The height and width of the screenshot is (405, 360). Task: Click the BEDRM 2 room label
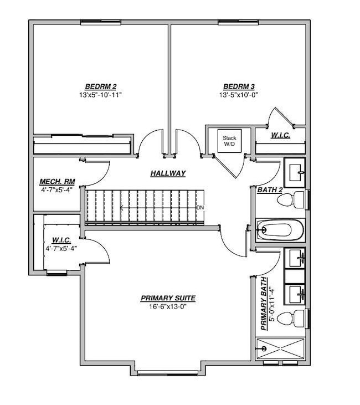tap(100, 86)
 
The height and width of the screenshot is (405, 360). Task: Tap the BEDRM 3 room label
tap(239, 86)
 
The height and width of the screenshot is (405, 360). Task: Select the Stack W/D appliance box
tap(229, 141)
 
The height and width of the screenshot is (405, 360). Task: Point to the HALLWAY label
tap(168, 173)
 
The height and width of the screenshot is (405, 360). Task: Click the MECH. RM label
tap(56, 182)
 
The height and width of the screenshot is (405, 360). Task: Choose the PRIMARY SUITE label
tap(168, 298)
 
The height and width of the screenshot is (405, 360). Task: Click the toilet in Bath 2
tap(297, 199)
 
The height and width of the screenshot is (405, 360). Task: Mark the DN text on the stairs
tap(200, 208)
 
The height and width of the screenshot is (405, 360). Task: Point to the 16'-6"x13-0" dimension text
tap(168, 306)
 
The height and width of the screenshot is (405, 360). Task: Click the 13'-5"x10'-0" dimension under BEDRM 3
tap(238, 95)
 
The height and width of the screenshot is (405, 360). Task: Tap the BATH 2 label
tap(270, 190)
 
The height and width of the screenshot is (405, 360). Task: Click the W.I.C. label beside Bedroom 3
tap(280, 135)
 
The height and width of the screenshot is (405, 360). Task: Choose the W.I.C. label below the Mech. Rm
tap(60, 240)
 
